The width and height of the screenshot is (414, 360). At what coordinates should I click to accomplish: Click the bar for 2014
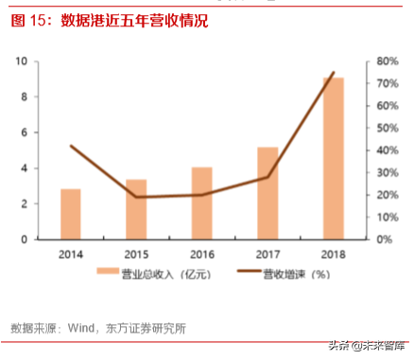[x=71, y=214]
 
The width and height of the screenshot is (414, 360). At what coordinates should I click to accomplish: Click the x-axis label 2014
[x=71, y=254]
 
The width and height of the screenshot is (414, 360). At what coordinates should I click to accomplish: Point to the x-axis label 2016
[x=202, y=254]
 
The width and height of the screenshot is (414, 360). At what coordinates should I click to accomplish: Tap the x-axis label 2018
[x=333, y=254]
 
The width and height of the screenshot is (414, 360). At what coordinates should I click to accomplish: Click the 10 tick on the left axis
[x=21, y=61]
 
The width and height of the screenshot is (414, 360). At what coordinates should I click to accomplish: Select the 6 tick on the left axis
[x=24, y=133]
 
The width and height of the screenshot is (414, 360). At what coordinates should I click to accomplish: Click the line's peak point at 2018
[x=333, y=73]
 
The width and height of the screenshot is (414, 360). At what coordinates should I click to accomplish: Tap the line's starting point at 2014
[x=71, y=146]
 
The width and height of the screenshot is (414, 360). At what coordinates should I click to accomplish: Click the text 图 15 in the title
[x=30, y=20]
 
